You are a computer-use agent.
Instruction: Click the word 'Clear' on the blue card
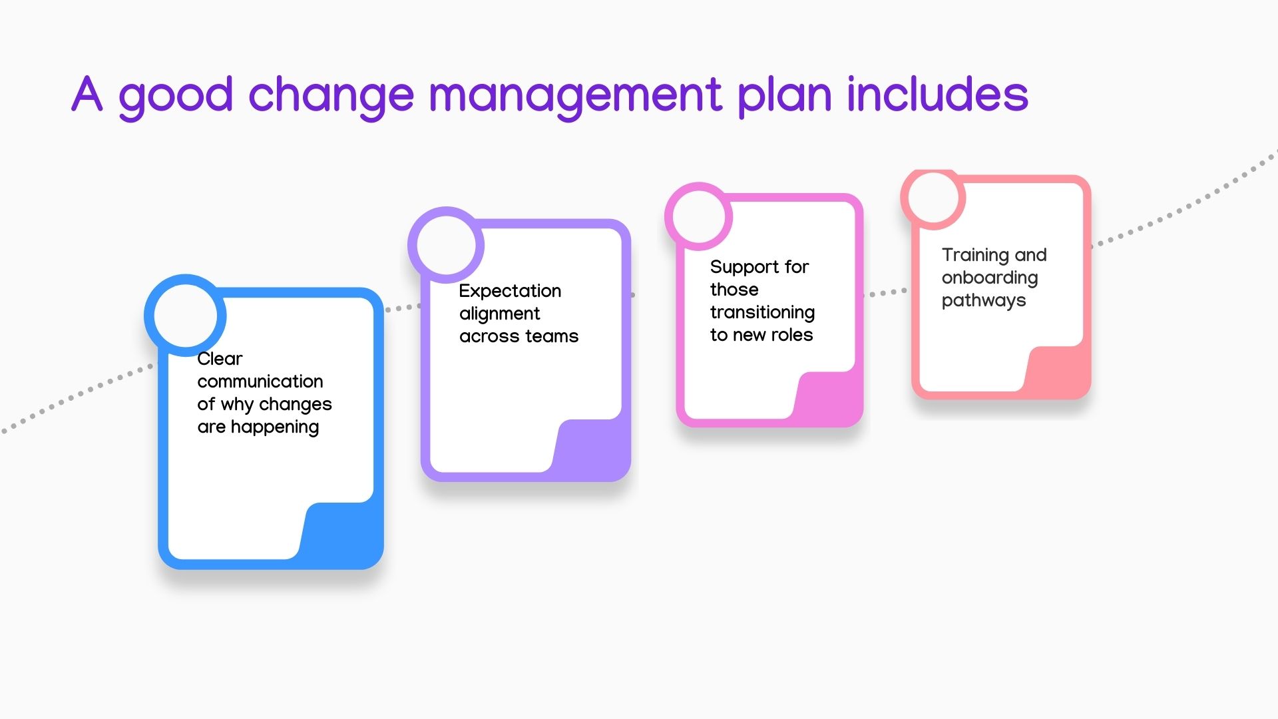(220, 359)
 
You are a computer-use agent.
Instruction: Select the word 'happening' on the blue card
(275, 427)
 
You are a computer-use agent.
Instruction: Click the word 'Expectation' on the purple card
(510, 292)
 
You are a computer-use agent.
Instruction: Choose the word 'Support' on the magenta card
(744, 268)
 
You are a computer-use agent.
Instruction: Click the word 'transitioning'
(762, 313)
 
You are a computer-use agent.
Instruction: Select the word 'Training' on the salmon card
(975, 256)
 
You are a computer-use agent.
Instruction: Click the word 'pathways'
(984, 301)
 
